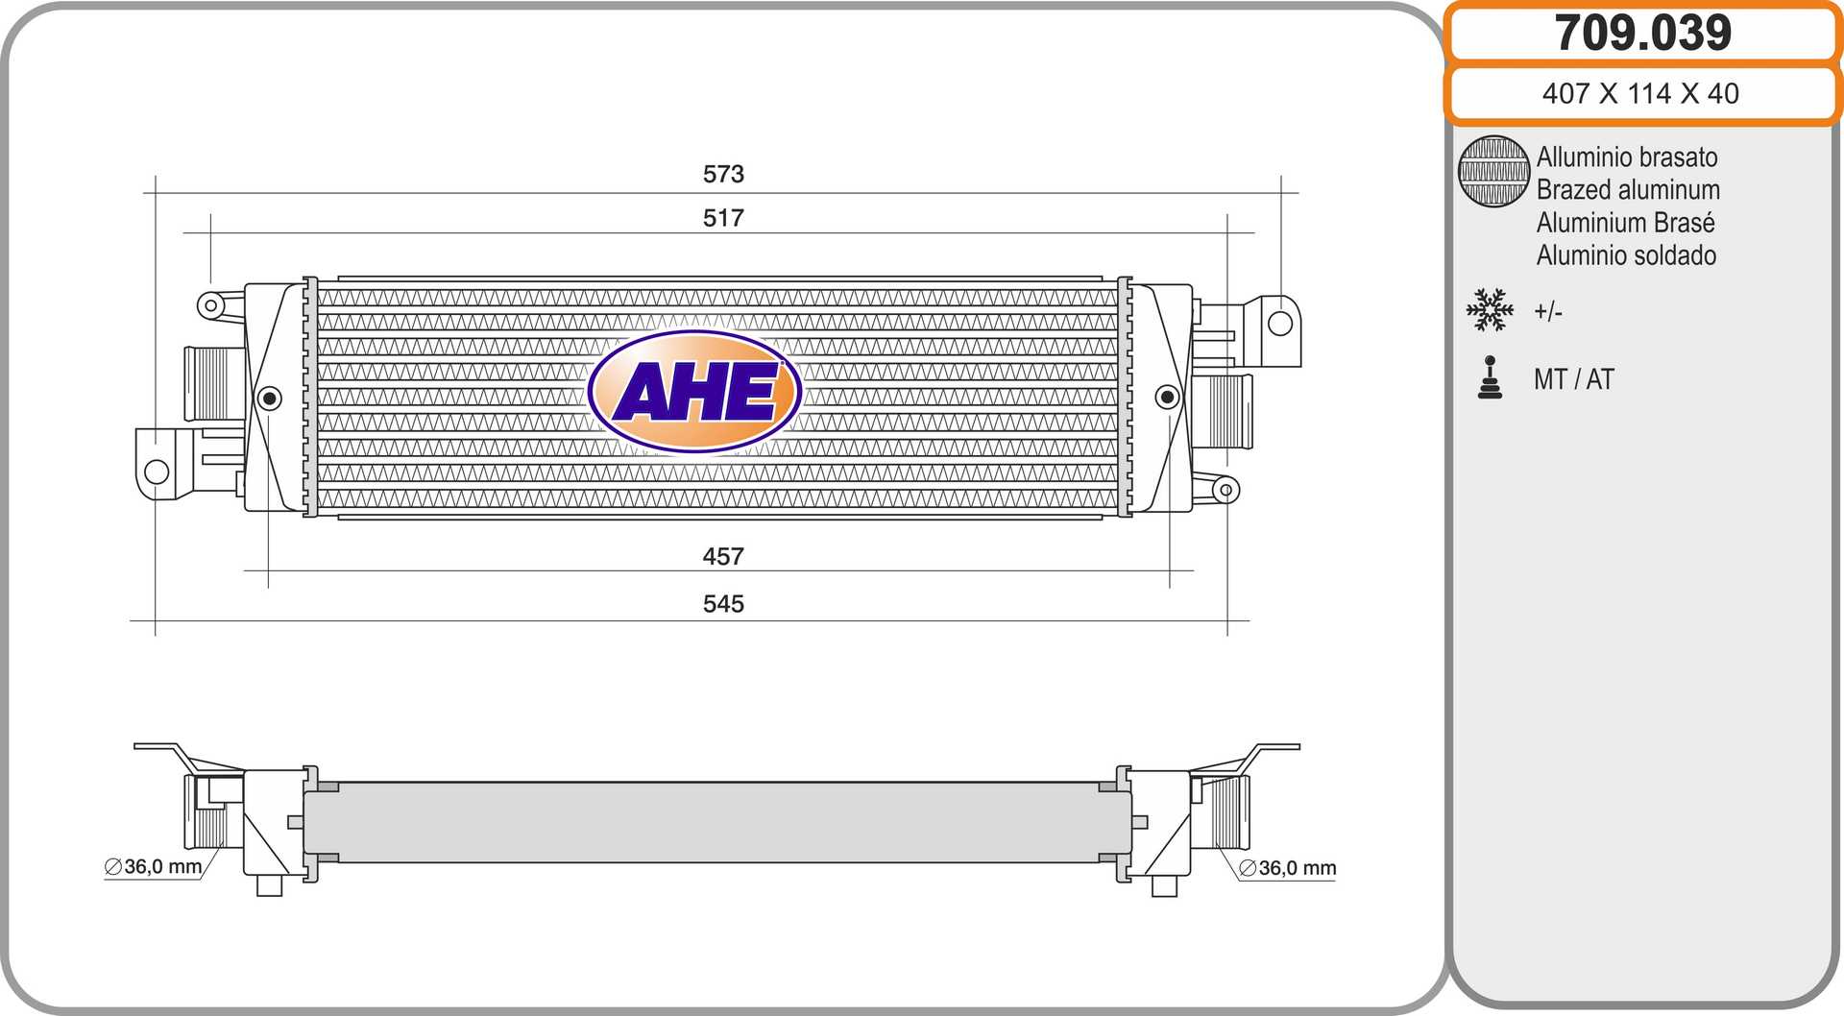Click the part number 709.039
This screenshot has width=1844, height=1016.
coord(1642,33)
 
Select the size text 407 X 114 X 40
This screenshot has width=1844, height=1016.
coord(1640,93)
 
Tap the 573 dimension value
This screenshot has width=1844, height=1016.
coord(723,174)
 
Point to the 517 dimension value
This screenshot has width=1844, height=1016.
coord(723,218)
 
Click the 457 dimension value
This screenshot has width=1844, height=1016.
coord(723,556)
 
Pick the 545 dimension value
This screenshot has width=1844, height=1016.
coord(723,603)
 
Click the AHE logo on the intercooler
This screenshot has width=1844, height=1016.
coord(694,392)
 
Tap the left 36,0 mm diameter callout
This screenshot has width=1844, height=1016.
coord(154,866)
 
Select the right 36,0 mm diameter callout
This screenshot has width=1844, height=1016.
coord(1287,868)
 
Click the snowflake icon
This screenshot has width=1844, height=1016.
coord(1490,310)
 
